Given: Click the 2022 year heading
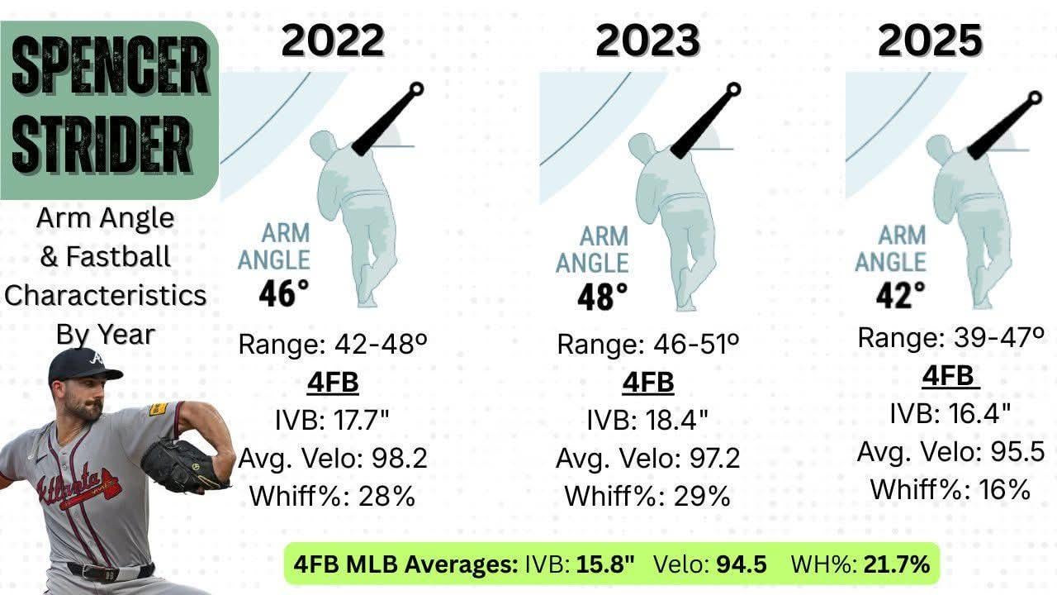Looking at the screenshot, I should pos(333,40).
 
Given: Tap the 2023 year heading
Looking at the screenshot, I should pos(647,40).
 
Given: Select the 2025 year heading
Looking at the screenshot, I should pos(929,40).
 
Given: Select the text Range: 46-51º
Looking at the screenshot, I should pos(647,344).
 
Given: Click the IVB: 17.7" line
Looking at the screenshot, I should pos(332,420).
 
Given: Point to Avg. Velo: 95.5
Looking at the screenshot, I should pos(950,452).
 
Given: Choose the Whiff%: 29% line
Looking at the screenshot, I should pos(647,496).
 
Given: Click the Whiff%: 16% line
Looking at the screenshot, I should pos(950,489).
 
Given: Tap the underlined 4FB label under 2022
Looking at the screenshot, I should pos(332,383).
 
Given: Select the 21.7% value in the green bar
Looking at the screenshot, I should pos(897,564).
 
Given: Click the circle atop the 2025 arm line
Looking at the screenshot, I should pos(1036,97).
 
